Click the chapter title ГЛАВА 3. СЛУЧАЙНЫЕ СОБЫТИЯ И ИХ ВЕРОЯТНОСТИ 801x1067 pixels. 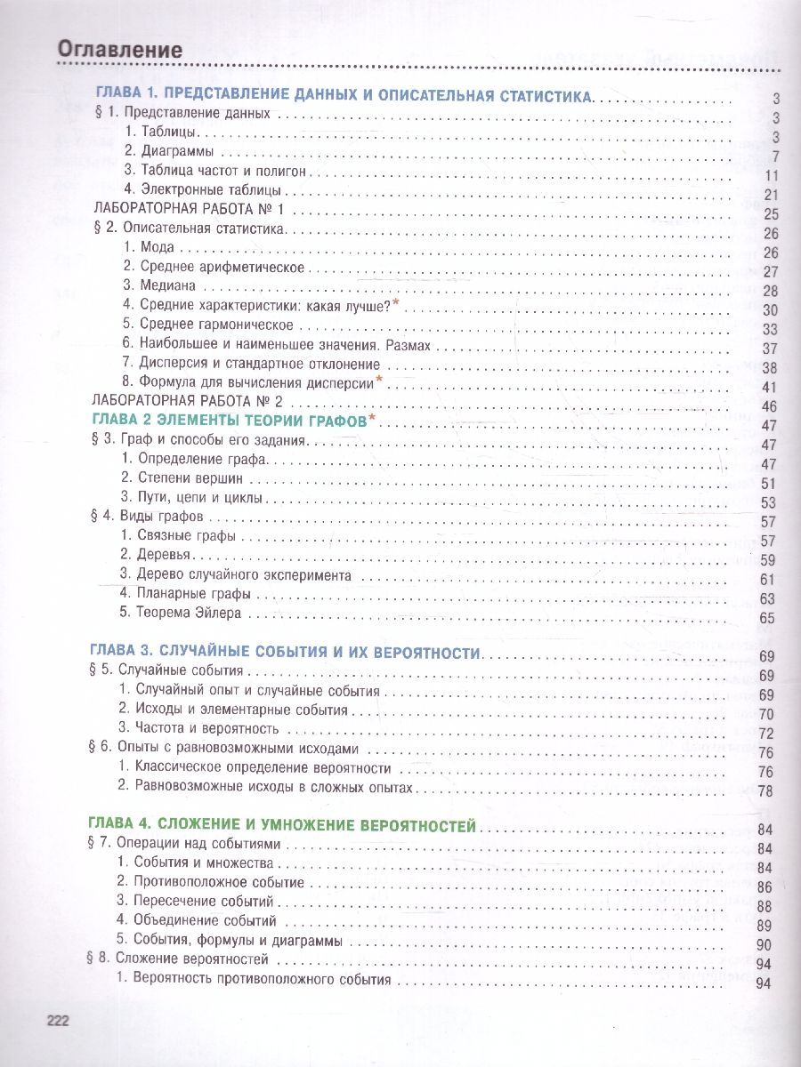pyautogui.click(x=288, y=653)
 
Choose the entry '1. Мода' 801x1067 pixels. pyautogui.click(x=149, y=247)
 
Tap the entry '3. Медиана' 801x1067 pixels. pyautogui.click(x=159, y=286)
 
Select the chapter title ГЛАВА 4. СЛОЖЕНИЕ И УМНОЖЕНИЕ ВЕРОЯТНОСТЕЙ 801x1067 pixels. pyautogui.click(x=286, y=825)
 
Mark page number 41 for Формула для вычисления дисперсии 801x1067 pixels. pyautogui.click(x=771, y=387)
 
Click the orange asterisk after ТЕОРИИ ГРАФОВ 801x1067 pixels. pyautogui.click(x=372, y=419)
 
